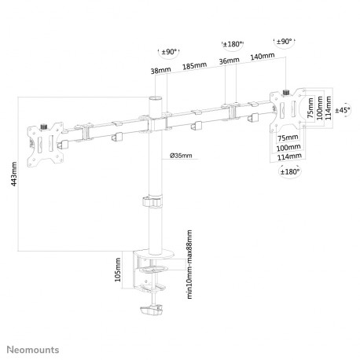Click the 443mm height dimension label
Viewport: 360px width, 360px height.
point(14,174)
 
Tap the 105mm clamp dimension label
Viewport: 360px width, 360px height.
point(118,270)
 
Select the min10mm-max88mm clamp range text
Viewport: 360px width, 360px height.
point(189,264)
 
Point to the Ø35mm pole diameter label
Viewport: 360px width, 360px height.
point(181,156)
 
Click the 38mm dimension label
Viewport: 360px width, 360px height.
point(160,70)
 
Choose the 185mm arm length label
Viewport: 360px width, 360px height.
point(194,66)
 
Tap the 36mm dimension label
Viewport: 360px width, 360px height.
point(229,61)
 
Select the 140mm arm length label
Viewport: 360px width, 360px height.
point(263,56)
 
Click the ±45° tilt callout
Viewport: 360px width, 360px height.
point(343,110)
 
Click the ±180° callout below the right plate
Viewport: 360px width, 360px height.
point(289,171)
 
